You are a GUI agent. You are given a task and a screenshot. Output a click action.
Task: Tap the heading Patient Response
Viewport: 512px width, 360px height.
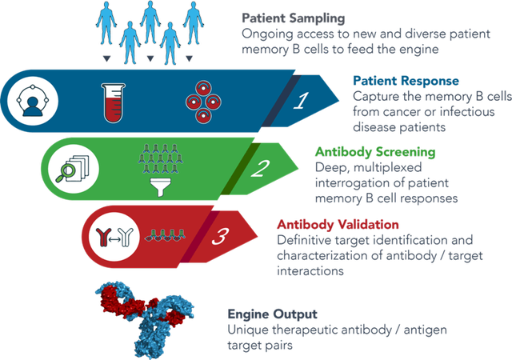406,80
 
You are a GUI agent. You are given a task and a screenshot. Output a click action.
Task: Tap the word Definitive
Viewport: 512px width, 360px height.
304,239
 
